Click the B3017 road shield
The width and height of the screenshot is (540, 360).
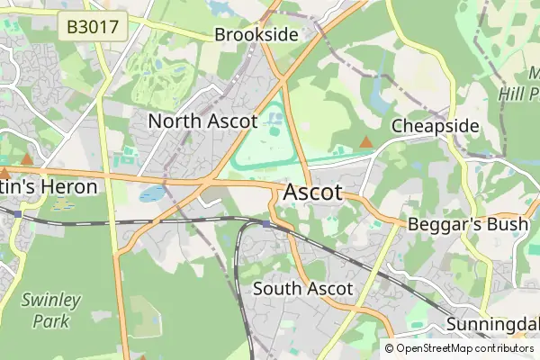[x=91, y=26]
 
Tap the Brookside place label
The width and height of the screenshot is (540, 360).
[x=256, y=35]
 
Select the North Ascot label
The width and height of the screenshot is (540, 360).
[x=202, y=121]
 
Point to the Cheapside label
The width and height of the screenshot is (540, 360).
[x=435, y=126]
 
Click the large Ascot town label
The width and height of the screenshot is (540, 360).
[x=312, y=193]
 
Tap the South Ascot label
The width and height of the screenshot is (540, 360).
[x=302, y=289]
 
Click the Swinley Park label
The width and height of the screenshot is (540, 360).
[x=50, y=310]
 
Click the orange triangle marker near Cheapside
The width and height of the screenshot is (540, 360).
[x=365, y=142]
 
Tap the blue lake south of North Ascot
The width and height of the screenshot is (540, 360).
[x=152, y=193]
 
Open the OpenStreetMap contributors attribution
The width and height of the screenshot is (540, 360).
[x=464, y=347]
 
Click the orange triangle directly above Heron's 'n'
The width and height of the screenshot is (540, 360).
[x=27, y=159]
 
